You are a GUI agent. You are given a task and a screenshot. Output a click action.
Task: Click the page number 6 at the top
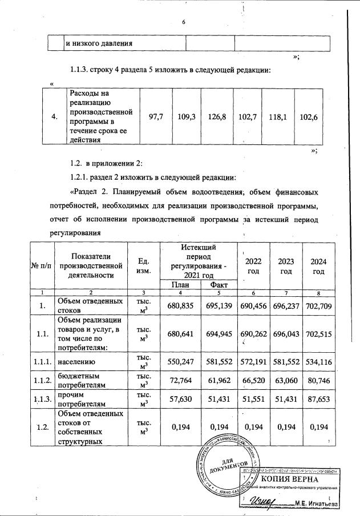pos(184,22)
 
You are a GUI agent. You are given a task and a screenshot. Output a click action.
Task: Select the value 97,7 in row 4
pos(156,116)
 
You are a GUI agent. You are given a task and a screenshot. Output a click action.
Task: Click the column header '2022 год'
pos(253,265)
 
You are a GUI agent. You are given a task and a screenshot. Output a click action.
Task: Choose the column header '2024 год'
pos(318,265)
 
